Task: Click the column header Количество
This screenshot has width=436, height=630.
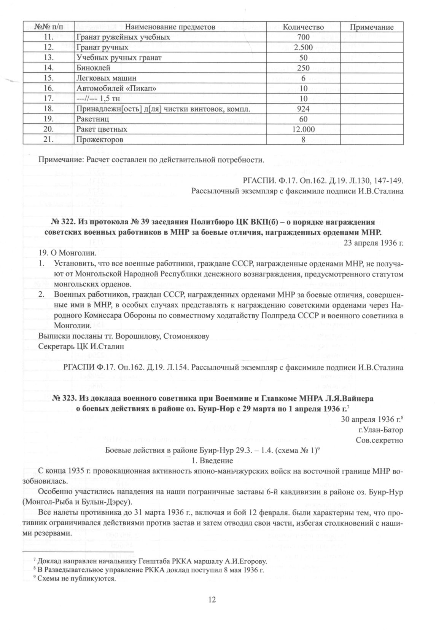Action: tap(303, 27)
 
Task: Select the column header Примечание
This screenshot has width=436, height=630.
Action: tap(371, 27)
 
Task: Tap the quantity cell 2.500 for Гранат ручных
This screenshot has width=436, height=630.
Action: tap(303, 48)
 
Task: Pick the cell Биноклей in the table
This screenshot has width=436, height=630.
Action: tap(94, 68)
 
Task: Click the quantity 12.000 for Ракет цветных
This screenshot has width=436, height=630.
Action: tap(303, 130)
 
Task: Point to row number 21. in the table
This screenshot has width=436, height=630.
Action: tap(48, 140)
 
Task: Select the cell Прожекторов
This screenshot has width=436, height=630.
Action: tap(100, 140)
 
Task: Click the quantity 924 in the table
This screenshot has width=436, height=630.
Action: tap(303, 109)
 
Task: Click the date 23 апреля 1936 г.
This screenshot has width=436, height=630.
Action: tap(373, 242)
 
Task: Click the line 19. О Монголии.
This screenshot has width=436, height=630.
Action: tap(63, 253)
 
